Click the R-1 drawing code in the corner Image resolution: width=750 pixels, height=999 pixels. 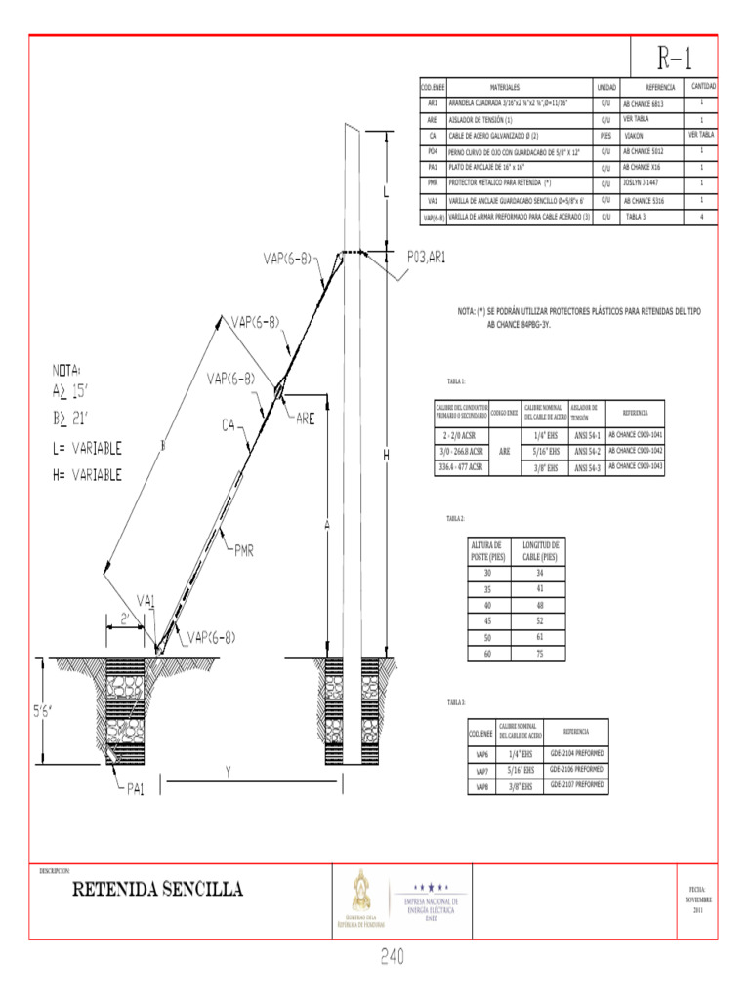coord(674,59)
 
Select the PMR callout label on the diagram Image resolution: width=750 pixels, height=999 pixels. coord(243,551)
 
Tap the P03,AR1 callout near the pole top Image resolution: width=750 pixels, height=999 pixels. coord(427,257)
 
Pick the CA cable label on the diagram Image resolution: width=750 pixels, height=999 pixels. coord(230,424)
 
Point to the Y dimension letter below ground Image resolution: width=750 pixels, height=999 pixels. coord(228,771)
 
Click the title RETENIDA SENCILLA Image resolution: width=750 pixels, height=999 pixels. coord(156,889)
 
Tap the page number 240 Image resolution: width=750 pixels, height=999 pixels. coord(393,957)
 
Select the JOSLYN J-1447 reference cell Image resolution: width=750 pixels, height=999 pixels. coord(641,182)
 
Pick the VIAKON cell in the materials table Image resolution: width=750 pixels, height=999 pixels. coord(634,136)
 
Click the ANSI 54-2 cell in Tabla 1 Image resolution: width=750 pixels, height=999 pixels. coord(586,451)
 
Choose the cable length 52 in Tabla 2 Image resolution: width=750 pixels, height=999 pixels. coord(539,620)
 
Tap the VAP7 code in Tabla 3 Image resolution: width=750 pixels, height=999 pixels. coord(481,771)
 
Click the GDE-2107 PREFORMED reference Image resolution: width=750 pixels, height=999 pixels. coord(576,784)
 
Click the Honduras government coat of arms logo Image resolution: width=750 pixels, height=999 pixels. coord(361,894)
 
